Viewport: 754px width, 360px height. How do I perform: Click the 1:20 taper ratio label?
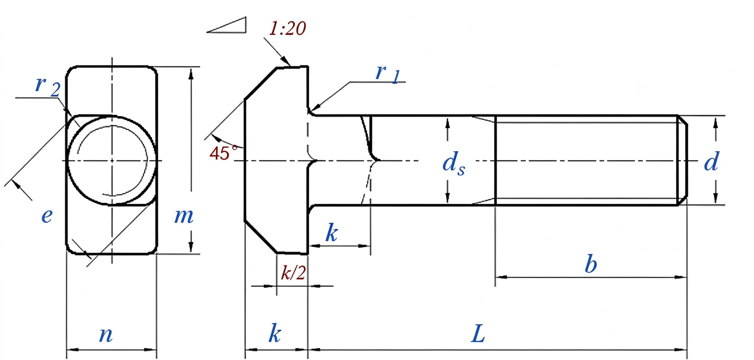[287, 28]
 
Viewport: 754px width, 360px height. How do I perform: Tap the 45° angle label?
[223, 153]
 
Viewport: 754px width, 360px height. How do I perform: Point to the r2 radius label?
[48, 86]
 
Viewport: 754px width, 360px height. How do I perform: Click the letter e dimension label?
[47, 215]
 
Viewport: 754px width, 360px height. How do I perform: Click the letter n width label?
[106, 334]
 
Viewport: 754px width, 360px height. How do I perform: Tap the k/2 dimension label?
[293, 272]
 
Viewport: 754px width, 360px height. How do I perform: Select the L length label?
[478, 334]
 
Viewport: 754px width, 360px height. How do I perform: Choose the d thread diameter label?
[711, 161]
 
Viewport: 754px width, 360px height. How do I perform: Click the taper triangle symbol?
[226, 25]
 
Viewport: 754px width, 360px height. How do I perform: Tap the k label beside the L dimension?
[275, 333]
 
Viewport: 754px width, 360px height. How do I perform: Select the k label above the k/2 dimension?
[332, 232]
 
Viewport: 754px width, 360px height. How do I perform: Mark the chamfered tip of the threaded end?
[683, 160]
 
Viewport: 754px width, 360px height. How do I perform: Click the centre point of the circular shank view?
[112, 161]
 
